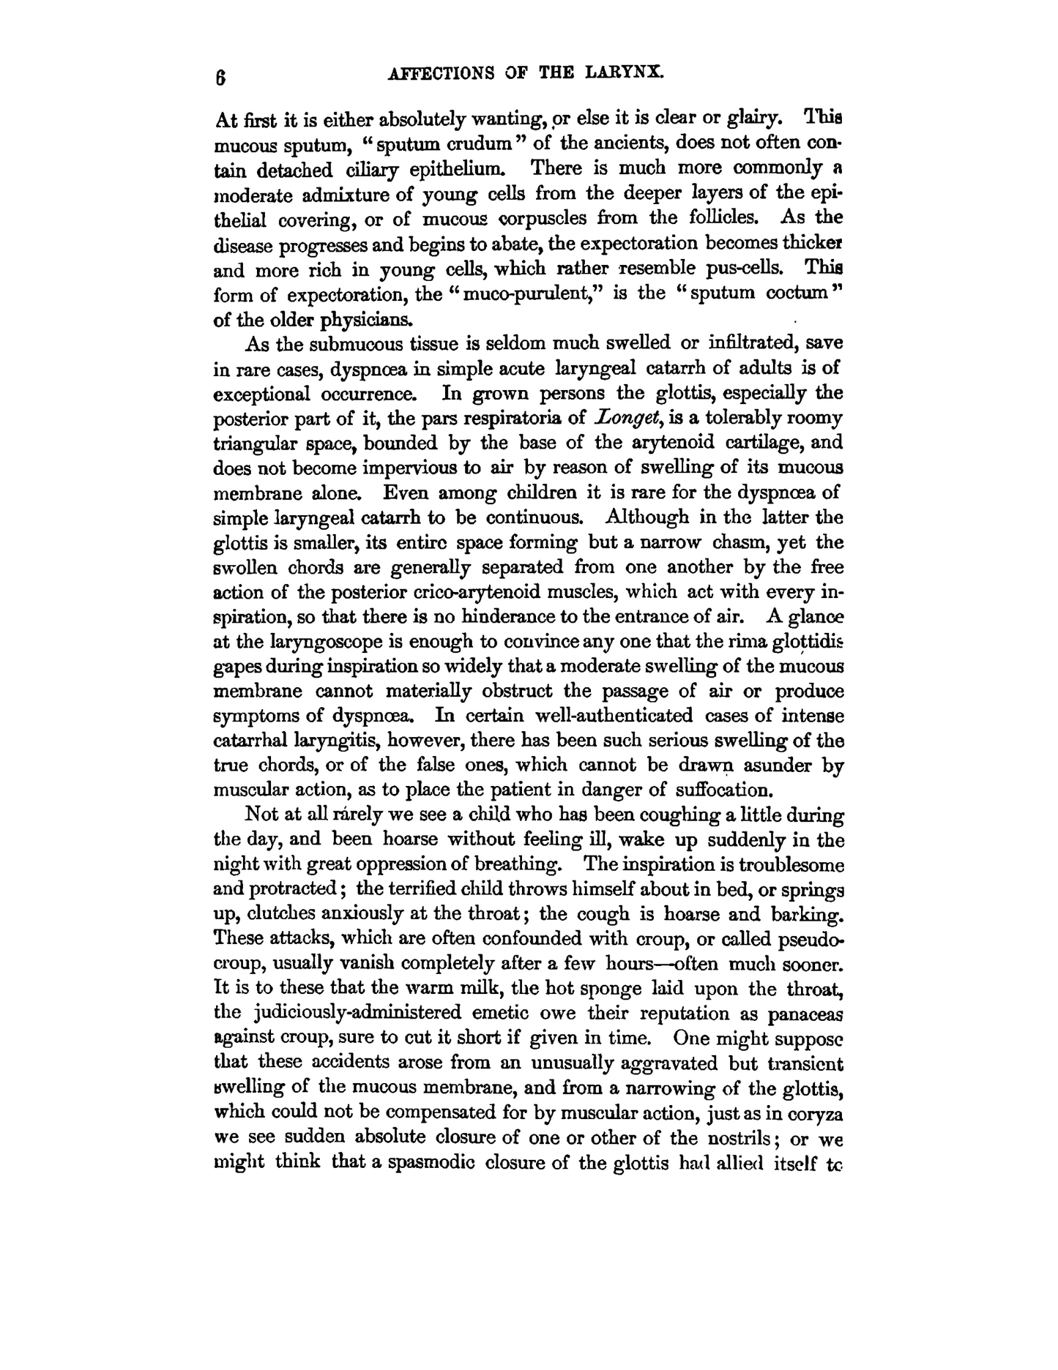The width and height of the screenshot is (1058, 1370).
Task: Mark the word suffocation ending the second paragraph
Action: (723, 790)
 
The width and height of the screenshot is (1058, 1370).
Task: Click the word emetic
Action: (505, 1014)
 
